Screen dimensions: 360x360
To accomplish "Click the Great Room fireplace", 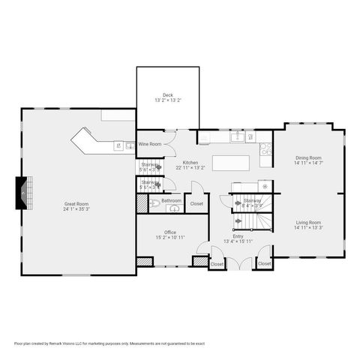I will [23, 193].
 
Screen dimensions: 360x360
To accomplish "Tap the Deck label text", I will [167, 95].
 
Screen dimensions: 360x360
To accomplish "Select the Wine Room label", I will [149, 144].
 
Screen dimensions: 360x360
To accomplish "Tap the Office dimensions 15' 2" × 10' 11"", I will [169, 238].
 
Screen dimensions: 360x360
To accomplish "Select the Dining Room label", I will [307, 157].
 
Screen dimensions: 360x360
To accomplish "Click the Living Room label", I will [307, 223].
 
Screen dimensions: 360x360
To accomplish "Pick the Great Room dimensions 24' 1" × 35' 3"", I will [76, 209].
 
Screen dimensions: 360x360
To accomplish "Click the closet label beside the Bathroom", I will [196, 204].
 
